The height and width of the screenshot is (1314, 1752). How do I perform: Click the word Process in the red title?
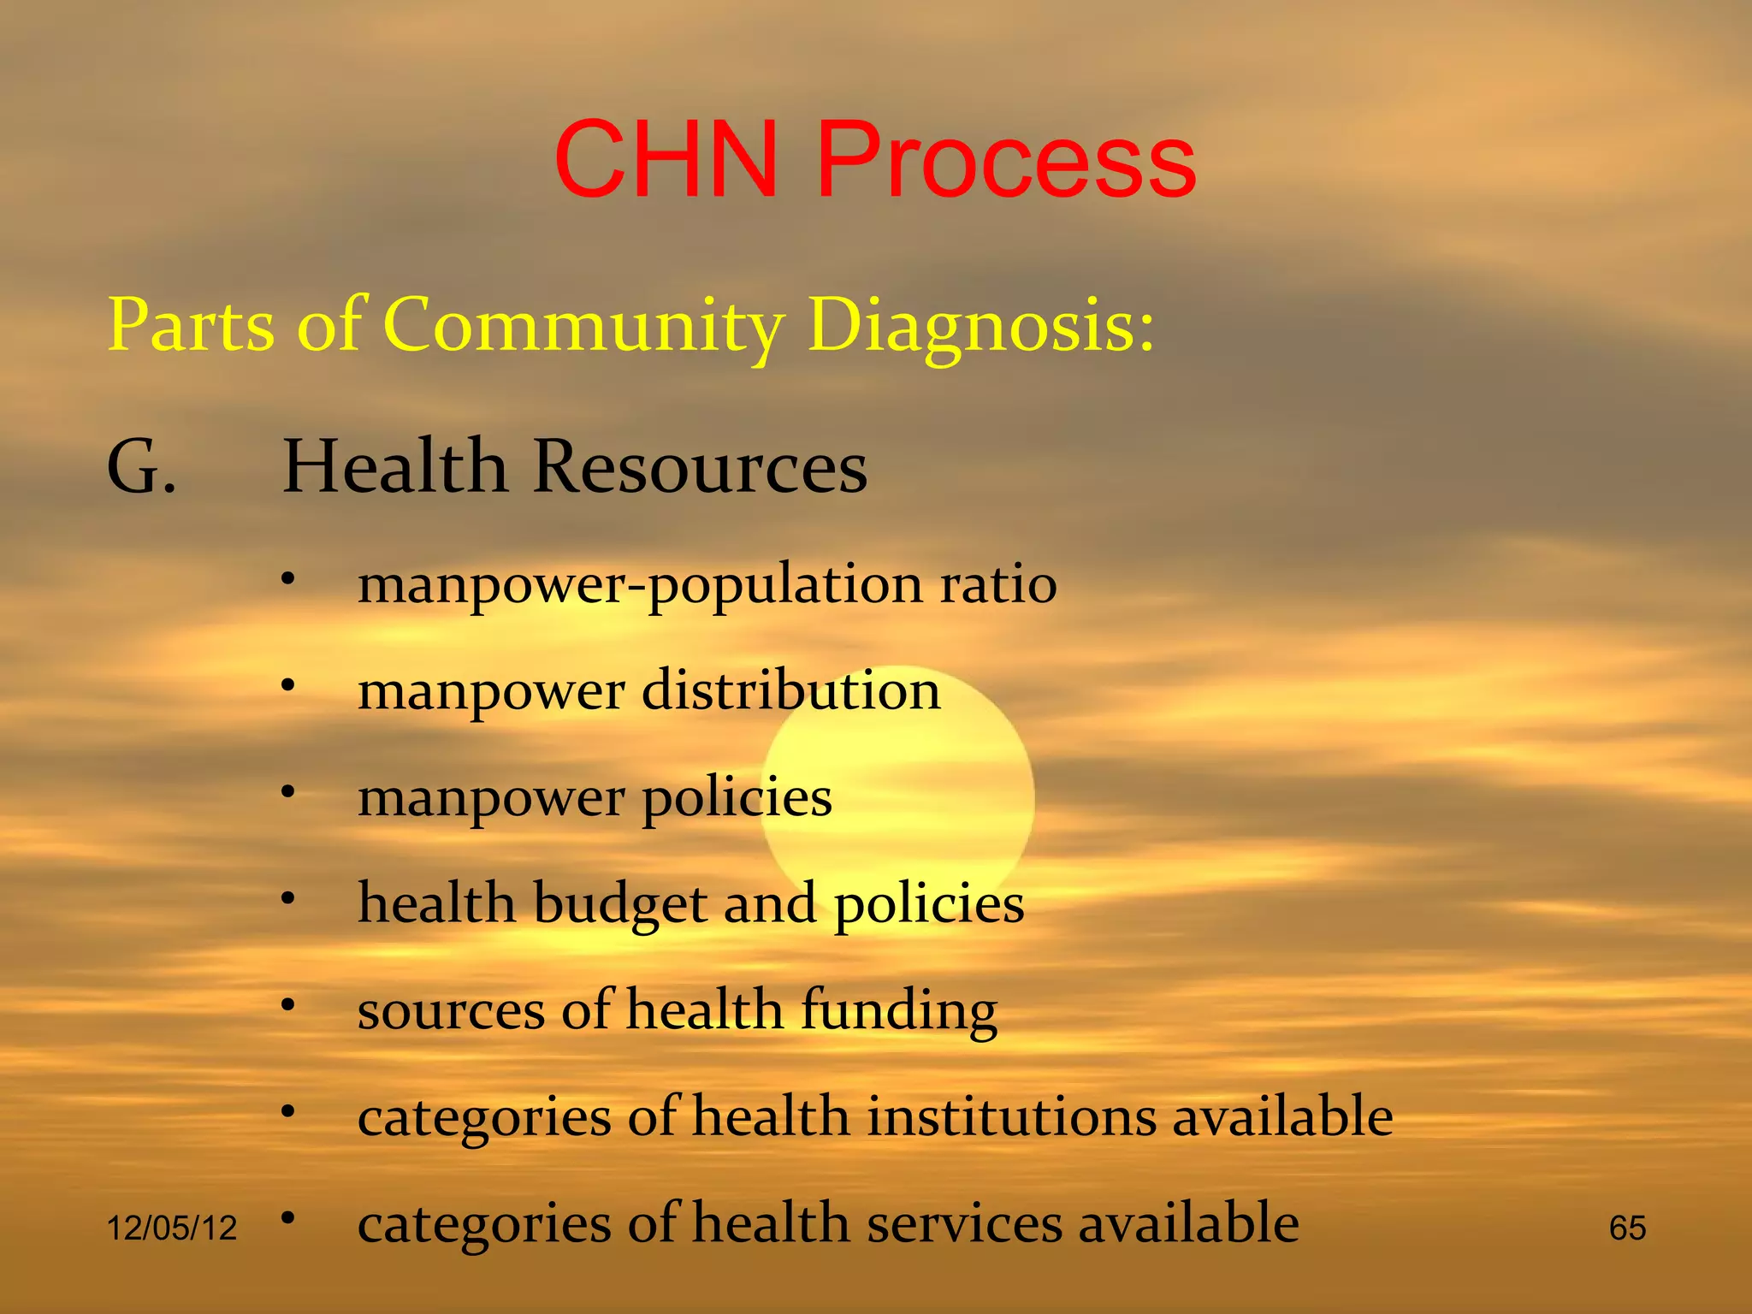[x=1006, y=160]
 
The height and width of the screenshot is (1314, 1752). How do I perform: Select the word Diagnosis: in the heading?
[x=981, y=325]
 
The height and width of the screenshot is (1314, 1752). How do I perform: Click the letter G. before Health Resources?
[x=141, y=468]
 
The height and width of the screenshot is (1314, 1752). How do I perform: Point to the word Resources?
[x=700, y=468]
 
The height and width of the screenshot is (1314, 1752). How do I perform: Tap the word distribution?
[x=791, y=690]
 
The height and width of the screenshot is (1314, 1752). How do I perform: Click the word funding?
[x=899, y=1009]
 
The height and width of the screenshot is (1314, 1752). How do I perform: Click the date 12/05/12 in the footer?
[x=171, y=1228]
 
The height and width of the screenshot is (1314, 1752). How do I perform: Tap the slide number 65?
[x=1627, y=1228]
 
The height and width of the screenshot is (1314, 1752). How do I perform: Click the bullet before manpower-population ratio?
[x=288, y=579]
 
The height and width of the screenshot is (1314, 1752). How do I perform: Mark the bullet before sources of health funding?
[x=288, y=1004]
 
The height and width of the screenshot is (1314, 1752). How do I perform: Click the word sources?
[x=451, y=1011]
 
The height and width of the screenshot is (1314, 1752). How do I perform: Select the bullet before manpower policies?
[x=288, y=792]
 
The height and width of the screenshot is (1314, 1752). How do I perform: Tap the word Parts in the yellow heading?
[x=192, y=325]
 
